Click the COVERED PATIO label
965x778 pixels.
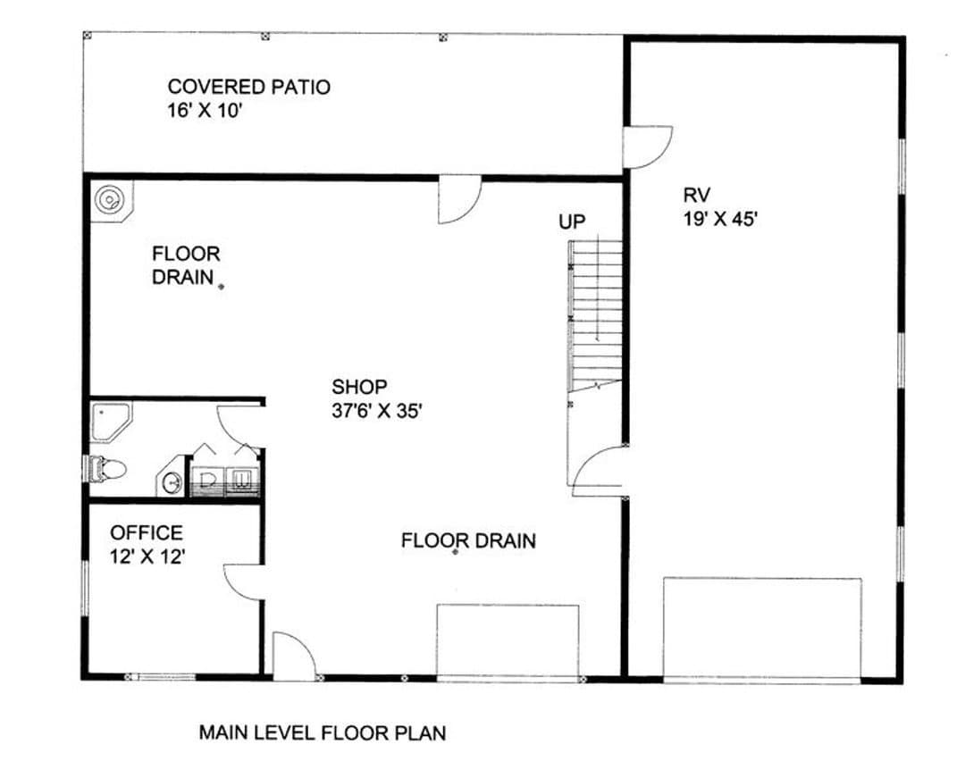[248, 87]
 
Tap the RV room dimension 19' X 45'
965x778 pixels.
[719, 219]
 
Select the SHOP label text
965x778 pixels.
[359, 387]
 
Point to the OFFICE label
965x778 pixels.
[147, 532]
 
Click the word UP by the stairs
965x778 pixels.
[572, 222]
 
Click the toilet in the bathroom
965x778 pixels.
[105, 469]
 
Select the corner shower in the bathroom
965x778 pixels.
[111, 422]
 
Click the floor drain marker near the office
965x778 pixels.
[222, 286]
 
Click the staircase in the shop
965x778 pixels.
[595, 316]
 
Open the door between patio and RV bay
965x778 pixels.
[648, 147]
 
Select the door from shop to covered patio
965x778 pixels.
[459, 199]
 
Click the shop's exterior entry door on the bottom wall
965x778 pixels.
[294, 657]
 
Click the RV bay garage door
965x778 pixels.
[762, 630]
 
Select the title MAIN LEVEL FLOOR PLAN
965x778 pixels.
[323, 733]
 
